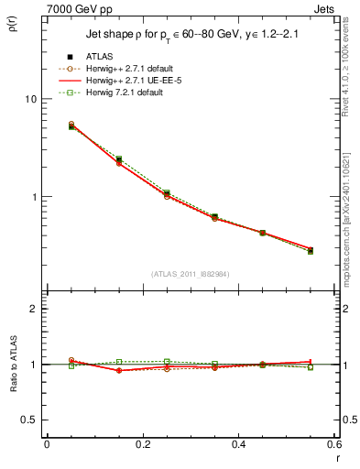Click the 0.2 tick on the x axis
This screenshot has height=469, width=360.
tap(142, 444)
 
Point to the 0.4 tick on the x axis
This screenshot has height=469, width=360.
tap(238, 444)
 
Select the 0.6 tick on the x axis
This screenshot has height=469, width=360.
tap(333, 444)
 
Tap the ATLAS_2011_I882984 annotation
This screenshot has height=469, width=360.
tap(190, 273)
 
